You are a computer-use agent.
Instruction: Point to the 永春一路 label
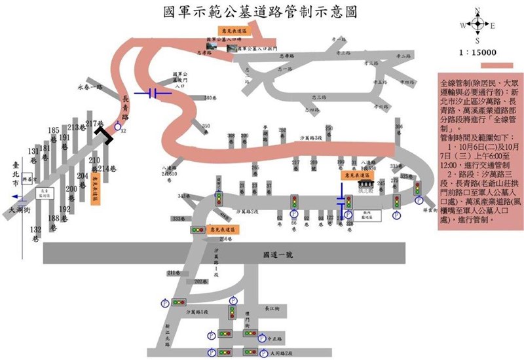(x=91, y=86)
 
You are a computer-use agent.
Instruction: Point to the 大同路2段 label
(x=280, y=352)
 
